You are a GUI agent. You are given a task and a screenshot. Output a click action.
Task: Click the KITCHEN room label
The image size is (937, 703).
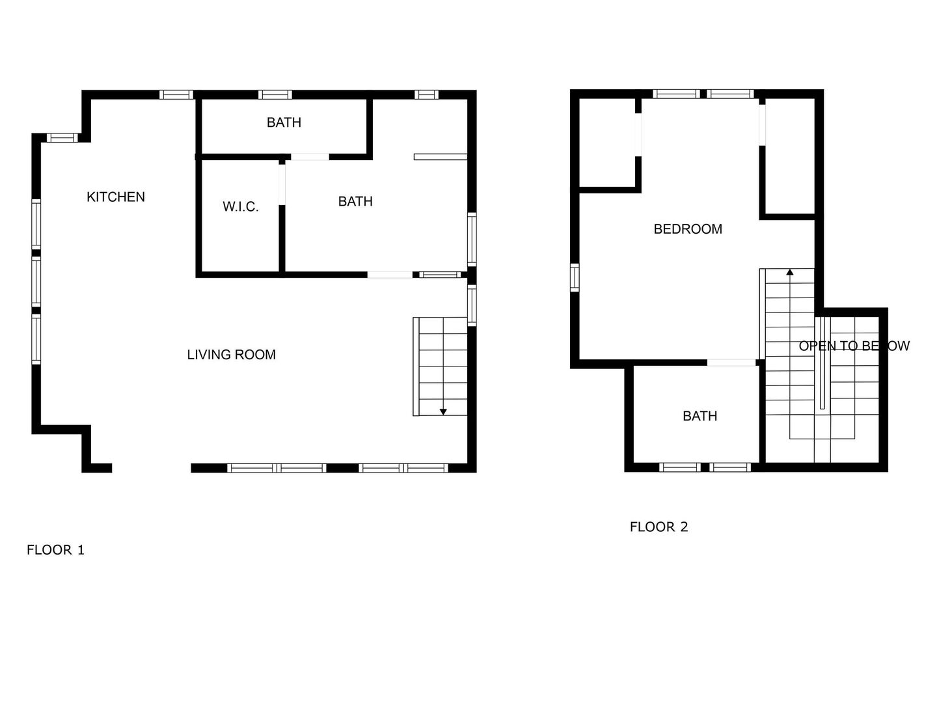[116, 197]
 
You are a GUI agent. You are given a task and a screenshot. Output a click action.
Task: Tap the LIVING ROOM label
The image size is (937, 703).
[231, 355]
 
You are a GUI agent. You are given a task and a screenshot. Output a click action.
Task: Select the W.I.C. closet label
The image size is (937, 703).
[241, 207]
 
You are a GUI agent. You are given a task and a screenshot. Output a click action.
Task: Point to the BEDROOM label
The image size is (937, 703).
[688, 229]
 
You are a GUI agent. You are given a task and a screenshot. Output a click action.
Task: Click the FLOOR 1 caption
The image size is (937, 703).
[55, 550]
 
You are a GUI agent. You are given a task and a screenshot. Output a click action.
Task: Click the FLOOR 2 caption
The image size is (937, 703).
[659, 527]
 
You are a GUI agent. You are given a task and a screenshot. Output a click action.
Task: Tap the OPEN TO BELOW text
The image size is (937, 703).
[854, 346]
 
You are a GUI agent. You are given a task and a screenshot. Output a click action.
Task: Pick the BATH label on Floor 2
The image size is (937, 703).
[699, 416]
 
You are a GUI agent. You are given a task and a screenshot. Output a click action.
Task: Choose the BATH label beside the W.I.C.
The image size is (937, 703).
[355, 202]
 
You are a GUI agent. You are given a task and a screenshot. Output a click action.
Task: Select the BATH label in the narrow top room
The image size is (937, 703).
[284, 122]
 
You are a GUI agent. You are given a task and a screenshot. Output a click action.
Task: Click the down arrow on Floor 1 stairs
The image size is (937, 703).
[443, 411]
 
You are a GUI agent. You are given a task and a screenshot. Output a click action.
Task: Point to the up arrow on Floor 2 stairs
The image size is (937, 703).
[790, 272]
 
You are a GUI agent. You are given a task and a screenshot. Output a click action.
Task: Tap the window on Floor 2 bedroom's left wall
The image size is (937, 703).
[575, 277]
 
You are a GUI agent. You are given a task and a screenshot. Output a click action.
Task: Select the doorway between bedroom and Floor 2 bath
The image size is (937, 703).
[731, 363]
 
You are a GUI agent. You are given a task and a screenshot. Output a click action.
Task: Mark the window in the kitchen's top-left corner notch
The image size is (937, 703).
[62, 137]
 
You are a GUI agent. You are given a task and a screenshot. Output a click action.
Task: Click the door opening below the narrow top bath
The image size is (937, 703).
[310, 157]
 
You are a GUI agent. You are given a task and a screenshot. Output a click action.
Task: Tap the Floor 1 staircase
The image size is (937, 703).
[441, 366]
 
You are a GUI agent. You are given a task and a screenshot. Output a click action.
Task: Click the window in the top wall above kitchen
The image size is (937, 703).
[176, 94]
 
